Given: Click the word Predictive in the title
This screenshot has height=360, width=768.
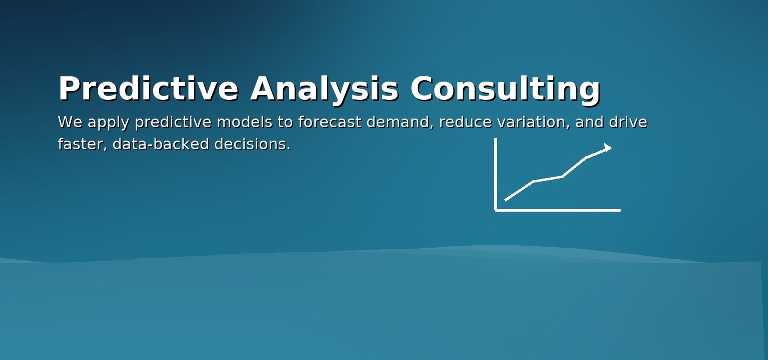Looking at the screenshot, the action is click(x=148, y=89).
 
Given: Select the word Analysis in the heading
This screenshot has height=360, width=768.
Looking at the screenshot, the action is click(x=324, y=89).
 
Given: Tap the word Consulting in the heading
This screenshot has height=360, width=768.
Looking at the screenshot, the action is click(x=505, y=89).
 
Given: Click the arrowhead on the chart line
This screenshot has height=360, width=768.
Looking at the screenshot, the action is click(x=608, y=148).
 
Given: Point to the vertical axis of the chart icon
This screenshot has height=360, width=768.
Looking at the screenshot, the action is click(x=496, y=174).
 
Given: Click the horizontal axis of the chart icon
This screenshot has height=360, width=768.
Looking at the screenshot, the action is click(x=558, y=210).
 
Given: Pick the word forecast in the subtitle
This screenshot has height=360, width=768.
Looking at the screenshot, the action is click(x=330, y=122).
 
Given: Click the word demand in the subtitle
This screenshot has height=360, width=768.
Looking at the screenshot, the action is click(x=400, y=122).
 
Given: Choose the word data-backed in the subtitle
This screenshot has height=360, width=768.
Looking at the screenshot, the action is click(x=161, y=144).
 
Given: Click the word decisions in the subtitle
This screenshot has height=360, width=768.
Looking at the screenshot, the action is click(x=252, y=144).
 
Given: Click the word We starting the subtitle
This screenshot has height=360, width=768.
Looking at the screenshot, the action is click(x=70, y=122).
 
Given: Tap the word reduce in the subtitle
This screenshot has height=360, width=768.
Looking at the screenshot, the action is click(x=465, y=122).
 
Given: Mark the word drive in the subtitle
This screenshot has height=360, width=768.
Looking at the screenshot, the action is click(x=628, y=122).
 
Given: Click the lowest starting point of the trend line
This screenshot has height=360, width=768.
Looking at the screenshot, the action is click(x=505, y=200).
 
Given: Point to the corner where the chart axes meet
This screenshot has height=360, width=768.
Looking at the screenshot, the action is click(x=496, y=210).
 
